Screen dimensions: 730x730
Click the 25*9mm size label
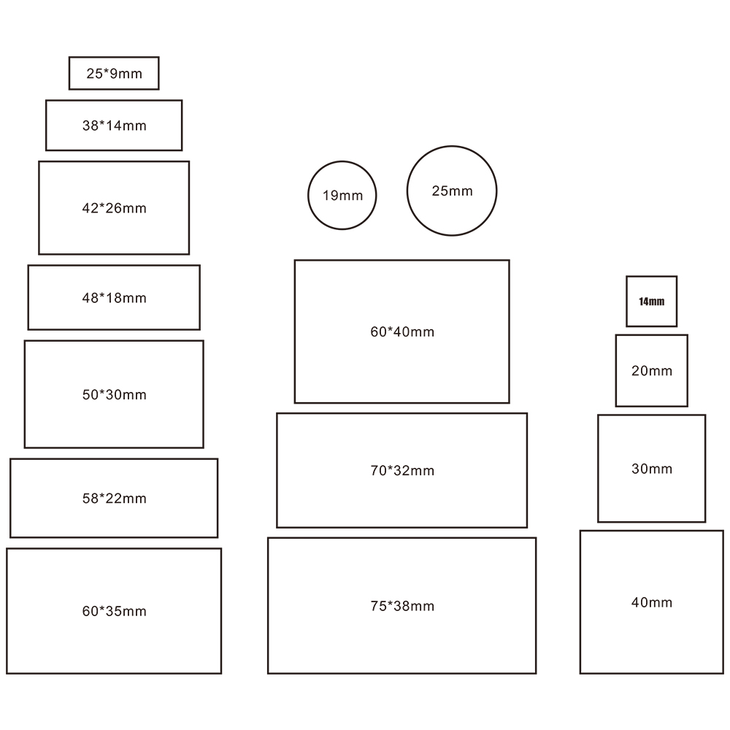pos(114,74)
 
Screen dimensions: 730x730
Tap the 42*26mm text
pos(114,208)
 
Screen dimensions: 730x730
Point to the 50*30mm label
pos(114,395)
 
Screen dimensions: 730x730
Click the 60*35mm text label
pos(114,611)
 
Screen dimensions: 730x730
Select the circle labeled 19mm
pos(308,196)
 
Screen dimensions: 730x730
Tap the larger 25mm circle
pos(407,191)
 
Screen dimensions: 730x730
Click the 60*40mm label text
pos(402,332)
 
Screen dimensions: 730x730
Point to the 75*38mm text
pos(402,606)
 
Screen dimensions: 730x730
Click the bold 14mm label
pos(651,301)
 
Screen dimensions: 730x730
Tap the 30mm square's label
pos(652,469)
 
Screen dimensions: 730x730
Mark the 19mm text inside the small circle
pos(342,196)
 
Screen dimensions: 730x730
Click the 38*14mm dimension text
pos(114,126)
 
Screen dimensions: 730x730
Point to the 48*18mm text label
pos(114,298)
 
